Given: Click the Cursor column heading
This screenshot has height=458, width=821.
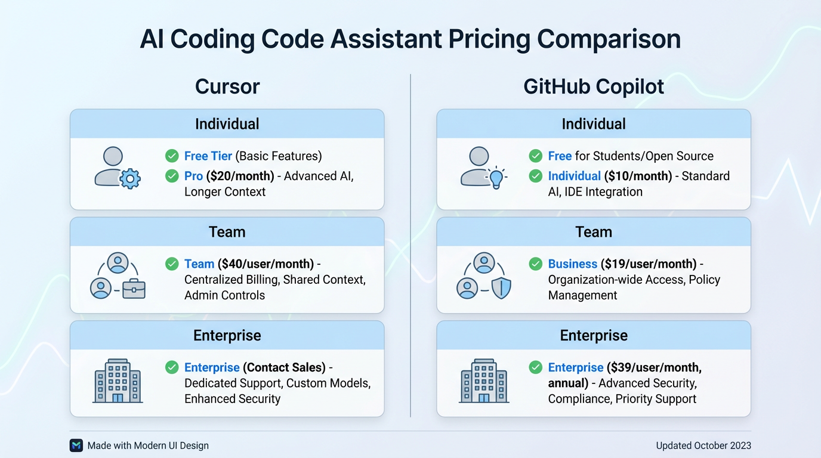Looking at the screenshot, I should tap(227, 86).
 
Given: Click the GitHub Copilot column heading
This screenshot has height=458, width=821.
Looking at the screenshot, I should tap(594, 86).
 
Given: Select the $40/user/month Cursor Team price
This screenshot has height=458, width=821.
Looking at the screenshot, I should tap(266, 264).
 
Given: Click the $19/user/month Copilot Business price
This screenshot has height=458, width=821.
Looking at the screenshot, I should tap(649, 264).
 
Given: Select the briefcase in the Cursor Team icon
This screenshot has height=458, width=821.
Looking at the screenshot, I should tap(134, 289).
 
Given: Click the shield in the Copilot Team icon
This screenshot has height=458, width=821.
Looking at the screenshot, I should tap(501, 289).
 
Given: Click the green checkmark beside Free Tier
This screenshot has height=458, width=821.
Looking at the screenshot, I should tap(172, 156).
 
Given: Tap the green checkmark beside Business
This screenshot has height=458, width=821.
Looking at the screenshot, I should tap(536, 264).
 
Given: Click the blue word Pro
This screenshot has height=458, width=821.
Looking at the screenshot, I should tap(193, 176).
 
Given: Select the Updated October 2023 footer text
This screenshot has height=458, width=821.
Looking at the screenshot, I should tap(703, 445).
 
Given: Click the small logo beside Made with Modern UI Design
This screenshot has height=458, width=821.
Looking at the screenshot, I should tap(76, 445).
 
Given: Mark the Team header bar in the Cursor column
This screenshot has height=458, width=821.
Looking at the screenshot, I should tap(227, 232).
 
